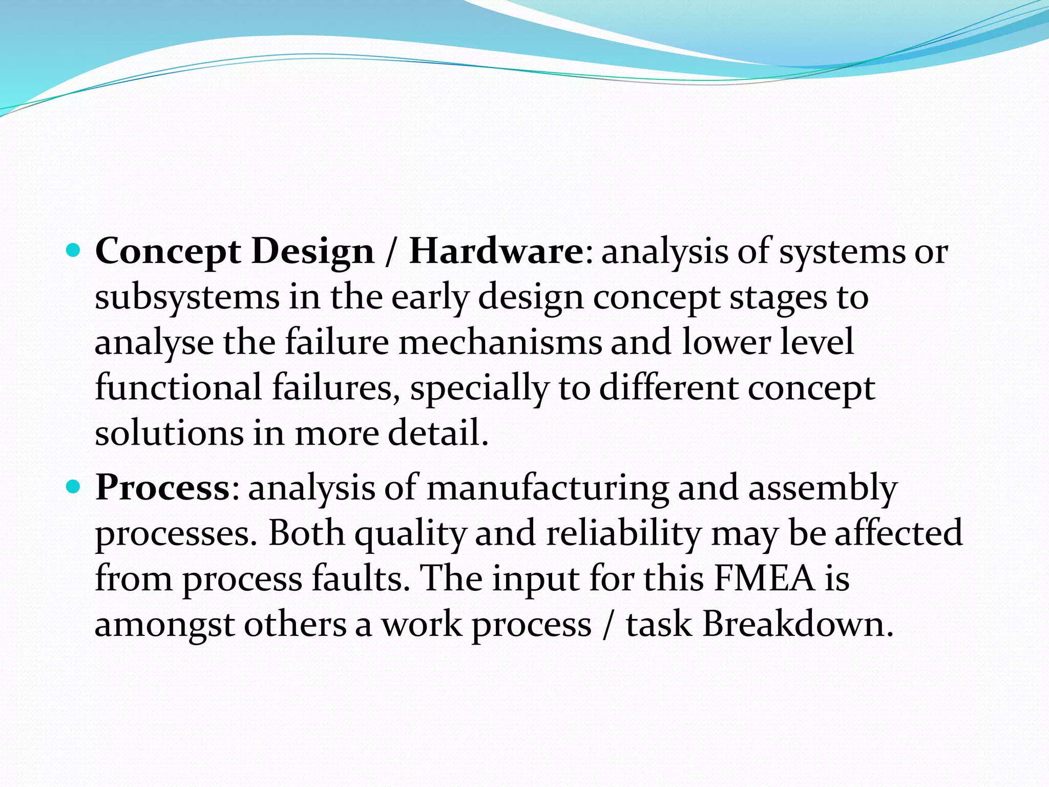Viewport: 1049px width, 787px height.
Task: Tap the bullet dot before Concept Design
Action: coord(74,251)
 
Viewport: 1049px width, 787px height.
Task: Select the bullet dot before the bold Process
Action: coord(74,487)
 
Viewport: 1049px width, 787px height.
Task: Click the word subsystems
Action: coord(187,297)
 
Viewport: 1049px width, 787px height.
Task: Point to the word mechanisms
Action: coord(500,342)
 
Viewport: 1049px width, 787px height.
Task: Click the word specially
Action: coord(479,388)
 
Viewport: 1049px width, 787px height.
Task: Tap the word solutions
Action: coord(169,433)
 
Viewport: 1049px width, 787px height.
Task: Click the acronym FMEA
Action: coord(764,578)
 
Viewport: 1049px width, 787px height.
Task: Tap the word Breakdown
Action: coord(798,624)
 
